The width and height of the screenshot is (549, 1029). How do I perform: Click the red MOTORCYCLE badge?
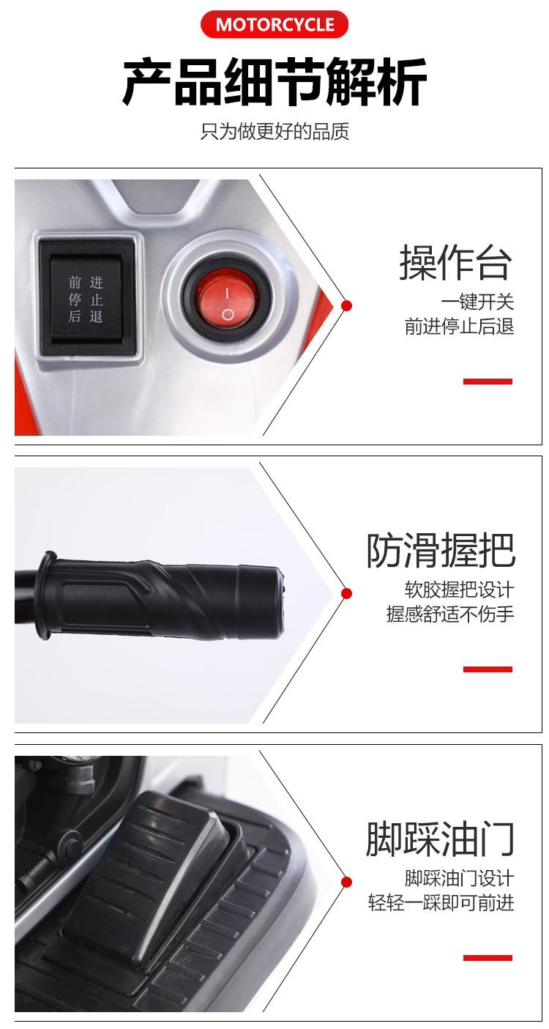[274, 24]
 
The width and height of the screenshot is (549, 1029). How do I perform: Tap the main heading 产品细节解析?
[274, 82]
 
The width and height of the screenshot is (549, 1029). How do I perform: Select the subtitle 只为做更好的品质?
[274, 131]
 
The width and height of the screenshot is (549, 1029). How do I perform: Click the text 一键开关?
[477, 302]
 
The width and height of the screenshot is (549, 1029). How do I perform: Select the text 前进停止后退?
[459, 327]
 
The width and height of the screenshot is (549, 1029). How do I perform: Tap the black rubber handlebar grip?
[160, 595]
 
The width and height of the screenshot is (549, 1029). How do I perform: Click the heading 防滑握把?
[440, 550]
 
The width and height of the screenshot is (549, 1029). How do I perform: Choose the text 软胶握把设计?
[459, 590]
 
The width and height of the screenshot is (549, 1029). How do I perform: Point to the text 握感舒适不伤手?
[450, 614]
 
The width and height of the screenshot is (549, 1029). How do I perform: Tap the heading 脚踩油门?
[440, 839]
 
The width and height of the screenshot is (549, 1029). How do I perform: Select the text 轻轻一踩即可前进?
[441, 903]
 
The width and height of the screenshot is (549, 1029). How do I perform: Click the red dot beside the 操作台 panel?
[347, 305]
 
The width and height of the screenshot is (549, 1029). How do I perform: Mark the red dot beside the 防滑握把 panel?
[347, 593]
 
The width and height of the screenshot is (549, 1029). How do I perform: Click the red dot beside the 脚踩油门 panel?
[347, 882]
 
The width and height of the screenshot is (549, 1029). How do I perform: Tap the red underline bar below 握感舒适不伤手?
[488, 669]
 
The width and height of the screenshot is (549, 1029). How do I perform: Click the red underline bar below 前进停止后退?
[488, 382]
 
